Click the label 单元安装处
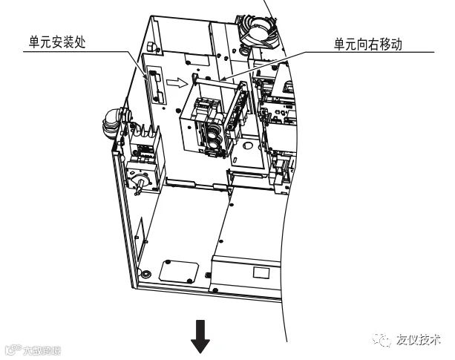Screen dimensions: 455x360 [58, 42]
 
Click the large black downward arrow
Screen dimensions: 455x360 [200, 339]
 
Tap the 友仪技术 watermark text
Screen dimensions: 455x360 [420, 338]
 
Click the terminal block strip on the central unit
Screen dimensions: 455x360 [236, 111]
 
